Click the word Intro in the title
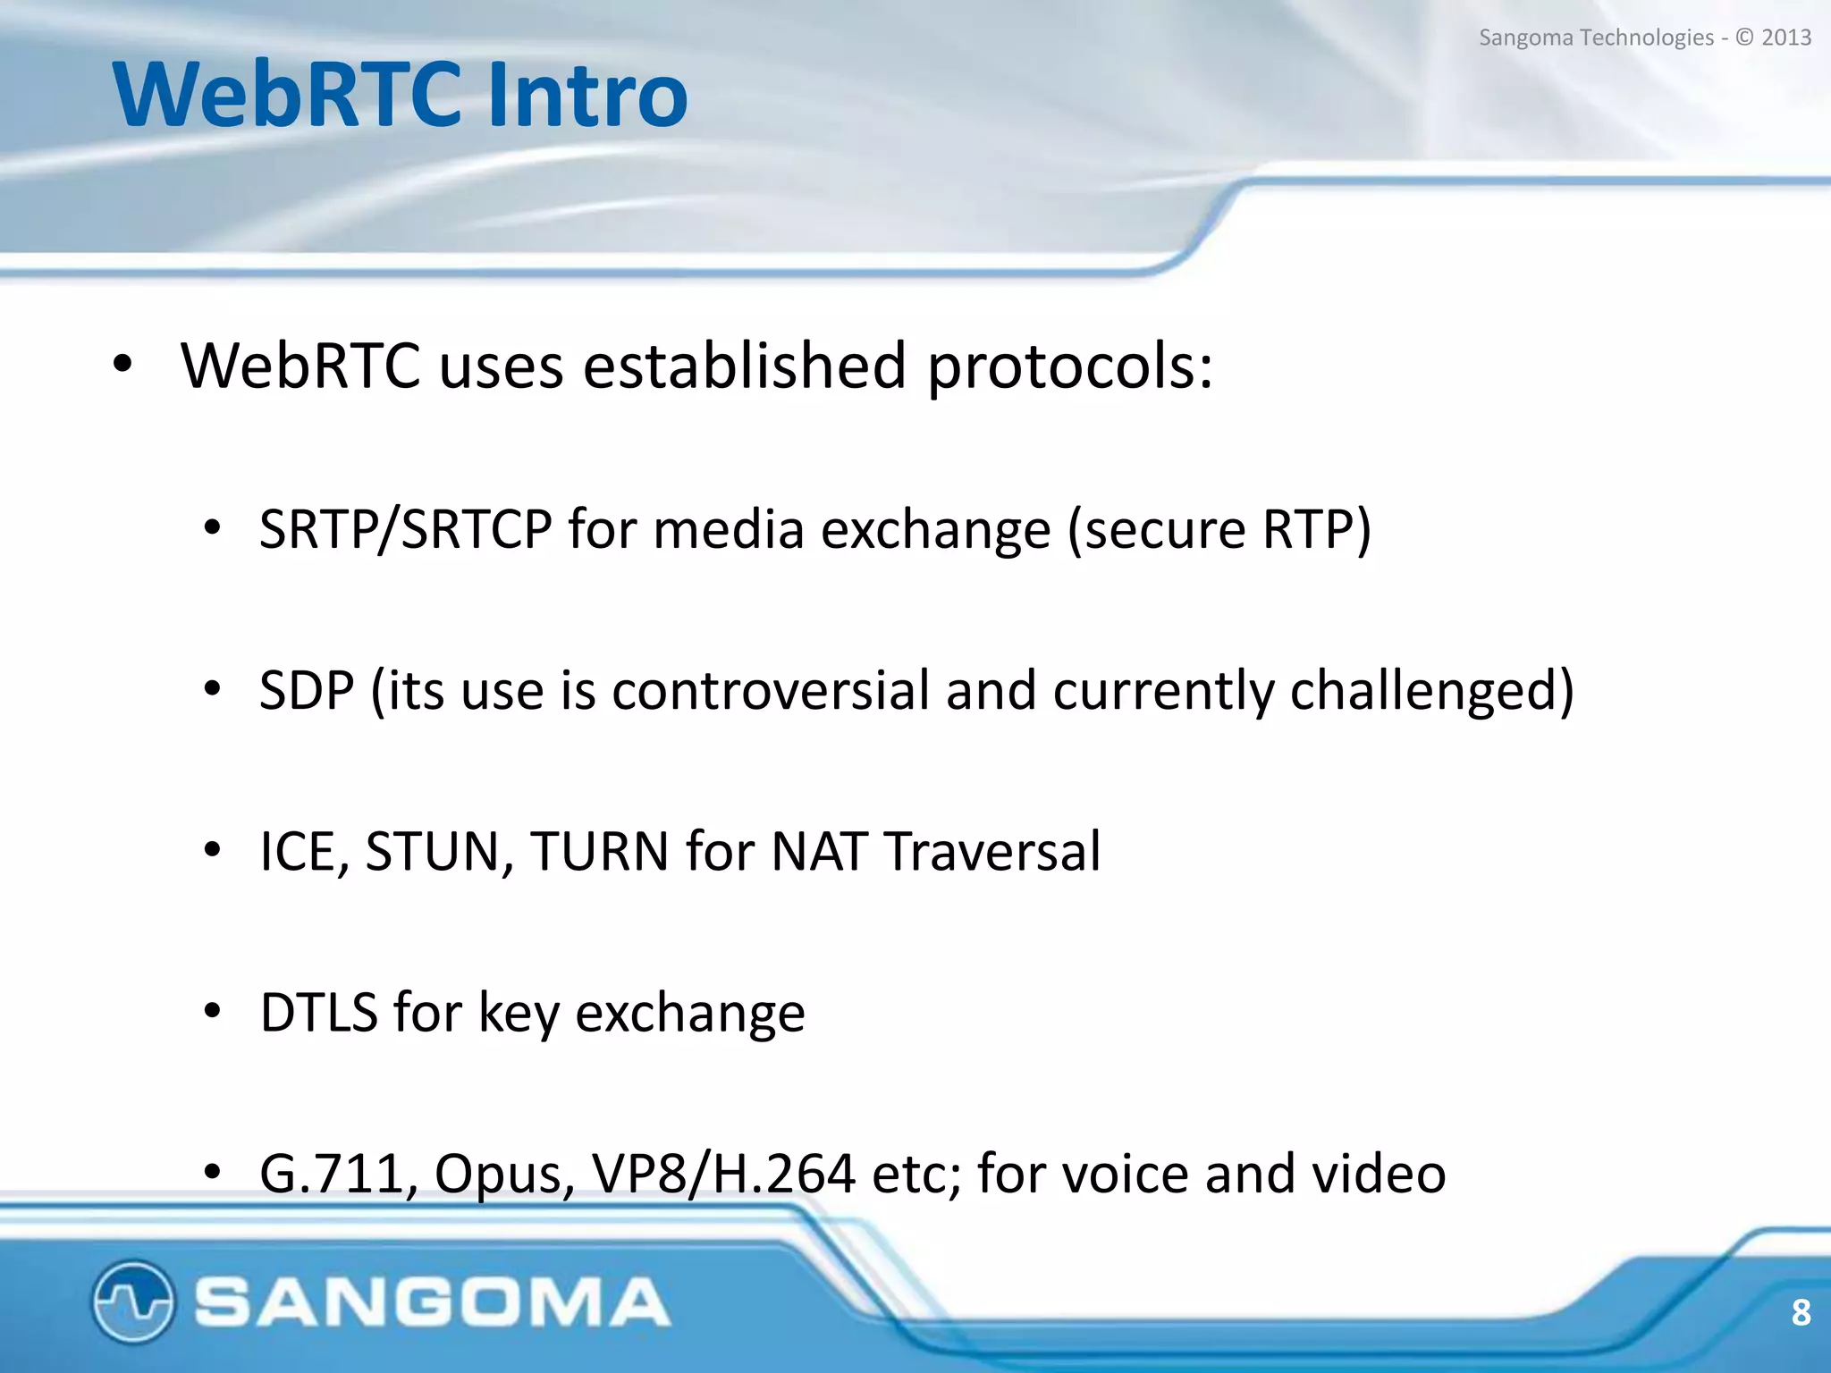click(x=588, y=95)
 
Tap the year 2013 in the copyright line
click(x=1785, y=38)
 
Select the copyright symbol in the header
click(x=1744, y=38)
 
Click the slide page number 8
click(x=1801, y=1313)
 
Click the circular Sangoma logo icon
click(x=132, y=1301)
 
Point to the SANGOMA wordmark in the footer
click(x=432, y=1301)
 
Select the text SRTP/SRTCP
click(x=405, y=529)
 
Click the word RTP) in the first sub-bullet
click(x=1316, y=529)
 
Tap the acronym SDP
click(x=307, y=691)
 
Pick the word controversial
click(x=770, y=691)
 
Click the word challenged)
click(x=1431, y=691)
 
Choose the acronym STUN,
click(x=438, y=851)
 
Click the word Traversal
click(x=992, y=851)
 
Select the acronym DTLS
click(x=318, y=1013)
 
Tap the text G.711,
click(x=338, y=1175)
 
